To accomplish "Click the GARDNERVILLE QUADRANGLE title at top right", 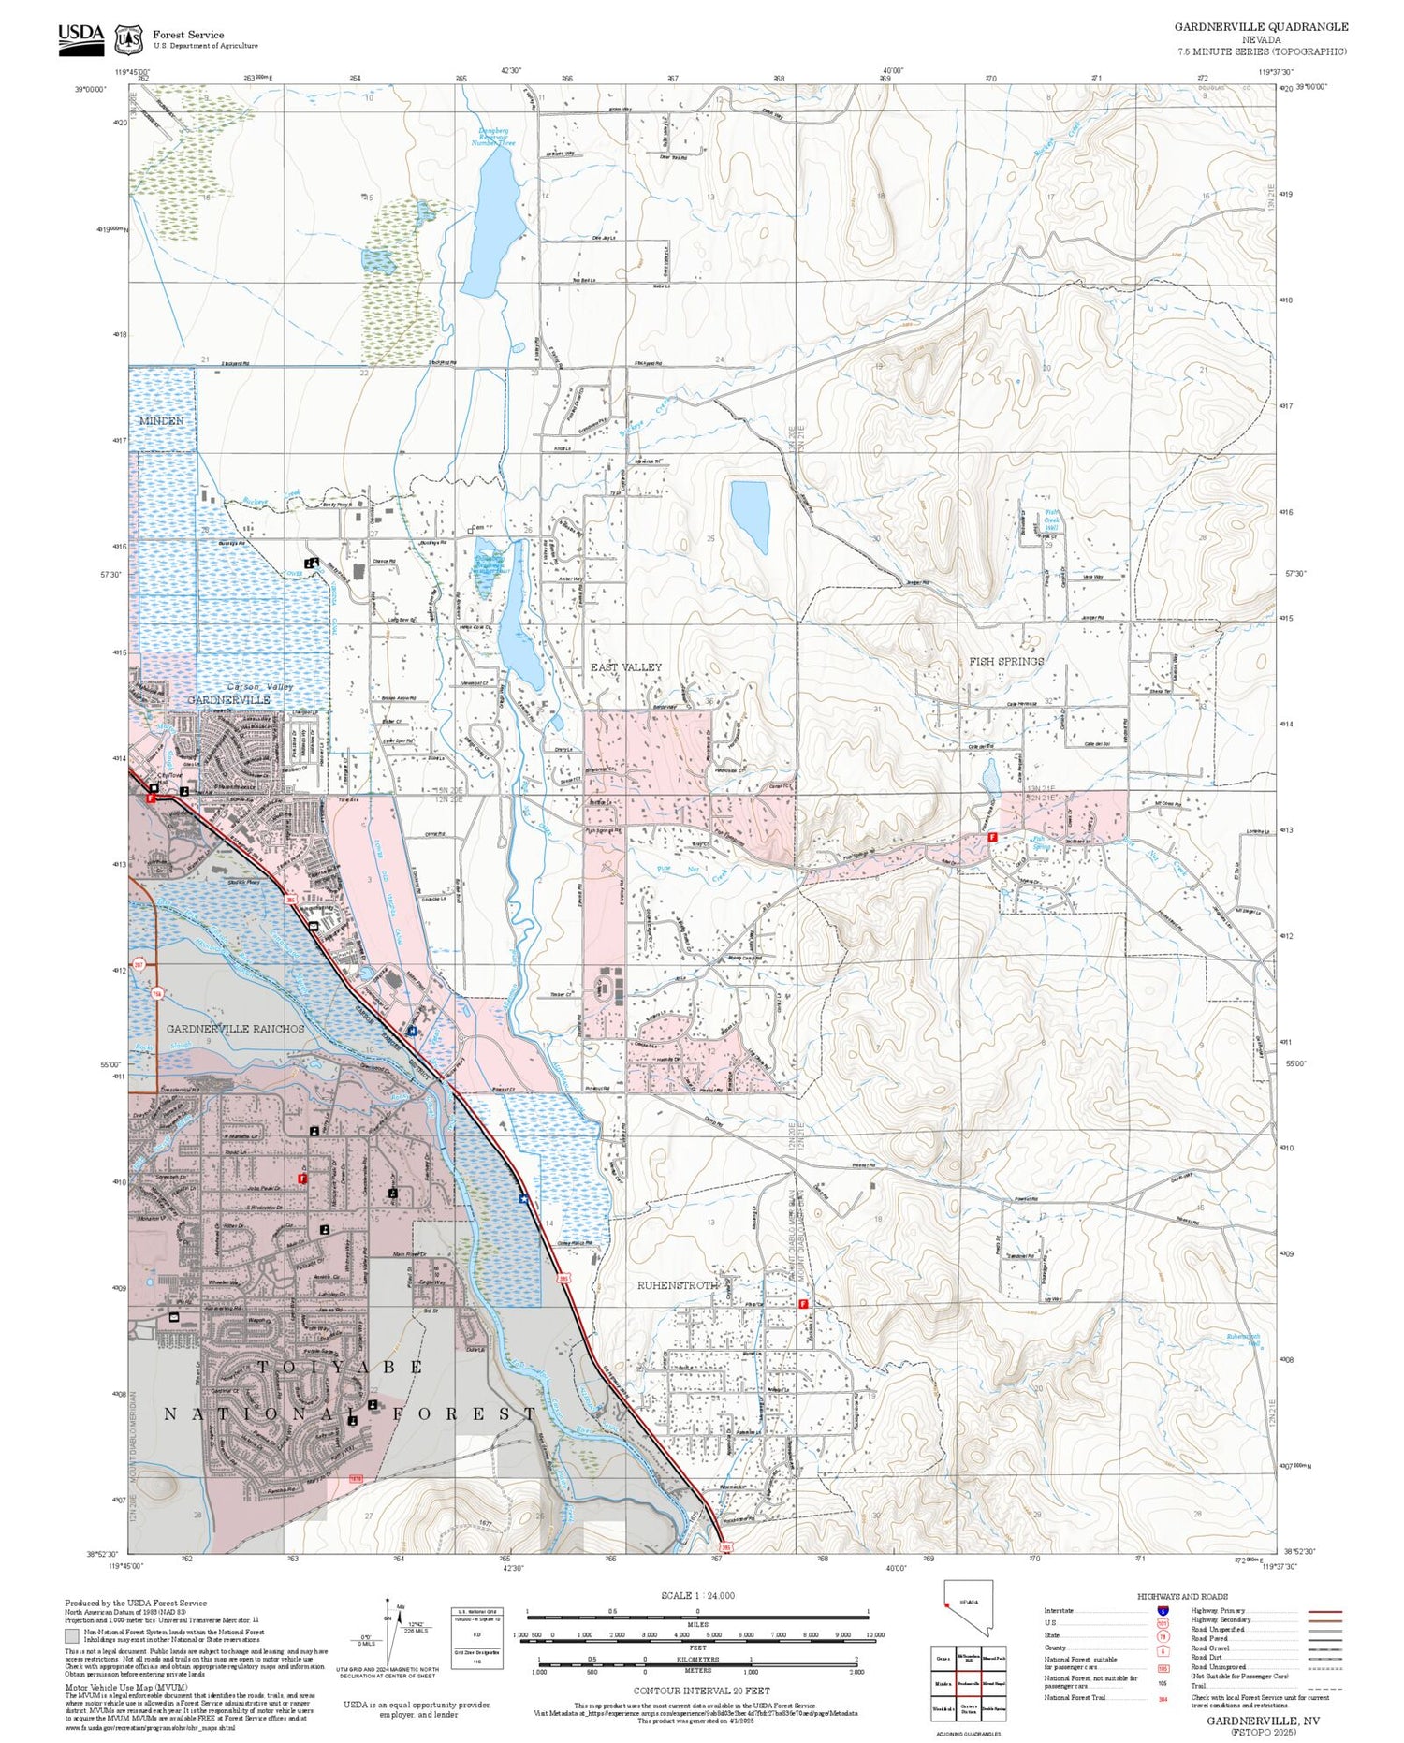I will [x=1261, y=27].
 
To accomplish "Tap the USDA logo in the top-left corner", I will [x=81, y=38].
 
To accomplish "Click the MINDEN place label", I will [x=161, y=421].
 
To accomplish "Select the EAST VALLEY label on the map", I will [x=625, y=667].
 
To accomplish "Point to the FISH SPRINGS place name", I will [x=1006, y=661].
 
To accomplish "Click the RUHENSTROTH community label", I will [x=677, y=1285].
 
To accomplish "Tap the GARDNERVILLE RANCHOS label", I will [x=236, y=1028].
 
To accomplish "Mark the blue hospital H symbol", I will [x=413, y=1030].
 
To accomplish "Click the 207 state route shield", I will [x=139, y=963].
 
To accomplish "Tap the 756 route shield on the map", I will [x=157, y=993].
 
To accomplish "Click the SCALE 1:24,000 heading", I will [x=697, y=1596].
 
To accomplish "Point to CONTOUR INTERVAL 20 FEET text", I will [x=701, y=1691].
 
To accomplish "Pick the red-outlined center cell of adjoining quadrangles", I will [x=967, y=1683].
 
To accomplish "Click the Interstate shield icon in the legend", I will [x=1163, y=1610].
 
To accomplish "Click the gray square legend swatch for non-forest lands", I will [x=71, y=1636].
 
